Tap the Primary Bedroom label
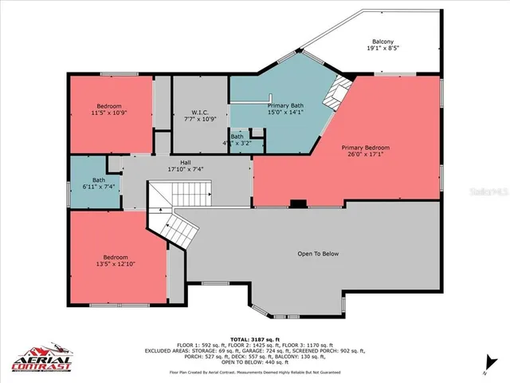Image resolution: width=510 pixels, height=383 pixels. click(x=366, y=148)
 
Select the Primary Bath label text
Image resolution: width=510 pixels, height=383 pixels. click(x=285, y=105)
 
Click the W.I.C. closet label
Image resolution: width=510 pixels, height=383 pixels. click(x=200, y=112)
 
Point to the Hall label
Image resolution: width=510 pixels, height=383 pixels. click(x=185, y=163)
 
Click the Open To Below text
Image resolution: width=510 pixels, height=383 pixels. click(x=318, y=254)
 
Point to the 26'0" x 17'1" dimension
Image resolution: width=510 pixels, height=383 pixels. click(x=366, y=156)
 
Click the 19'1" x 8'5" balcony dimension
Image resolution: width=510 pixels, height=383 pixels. click(x=382, y=49)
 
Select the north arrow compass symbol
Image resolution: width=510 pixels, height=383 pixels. click(x=484, y=369)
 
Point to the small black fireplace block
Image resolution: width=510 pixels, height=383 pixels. click(x=298, y=203)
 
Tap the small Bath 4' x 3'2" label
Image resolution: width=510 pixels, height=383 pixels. click(x=237, y=140)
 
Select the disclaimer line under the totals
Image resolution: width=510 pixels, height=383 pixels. click(x=254, y=372)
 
